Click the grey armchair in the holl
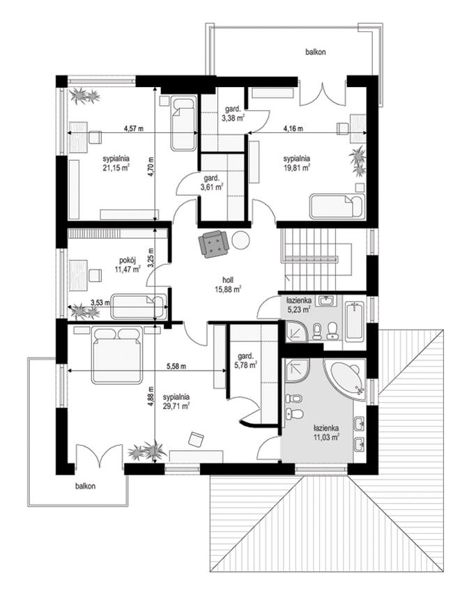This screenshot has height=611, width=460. click(213, 244)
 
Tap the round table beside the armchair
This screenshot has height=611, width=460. click(240, 240)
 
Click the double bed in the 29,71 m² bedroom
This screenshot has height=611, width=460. click(116, 355)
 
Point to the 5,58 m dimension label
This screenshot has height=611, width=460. click(176, 366)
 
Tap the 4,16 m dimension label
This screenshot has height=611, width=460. click(293, 128)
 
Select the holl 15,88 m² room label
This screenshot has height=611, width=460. click(228, 284)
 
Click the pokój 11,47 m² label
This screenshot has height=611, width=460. click(128, 264)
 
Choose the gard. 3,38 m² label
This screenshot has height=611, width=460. click(233, 113)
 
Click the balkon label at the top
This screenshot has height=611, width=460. click(315, 52)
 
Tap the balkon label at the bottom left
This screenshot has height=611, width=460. click(85, 486)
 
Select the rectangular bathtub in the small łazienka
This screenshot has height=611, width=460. click(354, 320)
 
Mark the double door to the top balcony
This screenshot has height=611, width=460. click(323, 94)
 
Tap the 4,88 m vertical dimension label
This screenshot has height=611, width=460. click(151, 397)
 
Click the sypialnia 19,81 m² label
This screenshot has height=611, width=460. click(297, 163)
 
